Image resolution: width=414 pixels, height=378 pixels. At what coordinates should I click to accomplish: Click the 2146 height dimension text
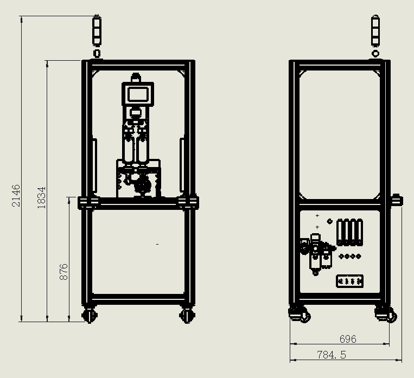[x=16, y=196]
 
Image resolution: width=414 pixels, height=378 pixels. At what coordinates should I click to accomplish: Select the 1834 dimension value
[x=41, y=198]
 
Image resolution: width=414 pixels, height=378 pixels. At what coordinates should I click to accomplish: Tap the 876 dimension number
[x=63, y=272]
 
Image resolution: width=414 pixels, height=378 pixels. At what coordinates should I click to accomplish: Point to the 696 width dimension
[x=348, y=339]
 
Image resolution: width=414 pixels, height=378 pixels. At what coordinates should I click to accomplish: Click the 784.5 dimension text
[x=332, y=355]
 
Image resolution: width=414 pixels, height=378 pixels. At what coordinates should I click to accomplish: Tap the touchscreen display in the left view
[x=138, y=94]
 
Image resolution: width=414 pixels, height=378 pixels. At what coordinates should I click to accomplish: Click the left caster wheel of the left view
[x=90, y=315]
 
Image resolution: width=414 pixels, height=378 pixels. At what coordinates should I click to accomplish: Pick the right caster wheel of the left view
[x=187, y=315]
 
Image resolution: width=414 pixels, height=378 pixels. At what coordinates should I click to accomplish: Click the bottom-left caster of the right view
[x=300, y=314]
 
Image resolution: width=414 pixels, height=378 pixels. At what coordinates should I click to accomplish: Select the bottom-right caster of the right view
[x=386, y=314]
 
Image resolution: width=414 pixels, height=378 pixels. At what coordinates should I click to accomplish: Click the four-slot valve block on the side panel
[x=350, y=232]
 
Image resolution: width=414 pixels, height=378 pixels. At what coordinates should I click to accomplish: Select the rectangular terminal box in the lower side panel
[x=349, y=281]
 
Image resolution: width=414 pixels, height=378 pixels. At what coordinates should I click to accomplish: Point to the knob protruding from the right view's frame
[x=397, y=200]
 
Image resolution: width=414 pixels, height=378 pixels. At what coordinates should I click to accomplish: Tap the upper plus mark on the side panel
[x=317, y=216]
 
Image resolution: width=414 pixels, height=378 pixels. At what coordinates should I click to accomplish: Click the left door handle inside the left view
[x=94, y=165]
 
